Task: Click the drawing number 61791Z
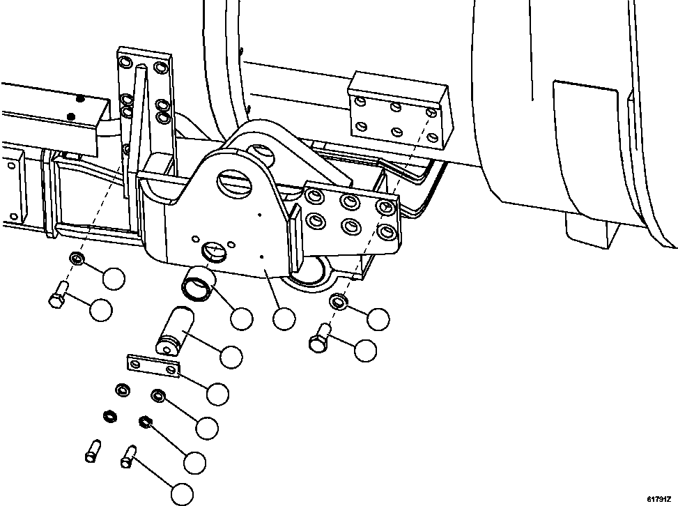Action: [x=658, y=499]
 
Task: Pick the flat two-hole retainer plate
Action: [x=153, y=366]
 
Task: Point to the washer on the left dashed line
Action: [x=78, y=261]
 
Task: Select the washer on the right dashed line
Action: [x=339, y=302]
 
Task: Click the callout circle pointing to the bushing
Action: [x=241, y=319]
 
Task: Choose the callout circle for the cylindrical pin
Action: [x=231, y=357]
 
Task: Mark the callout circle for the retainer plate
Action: [x=217, y=394]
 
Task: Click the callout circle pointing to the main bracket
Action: [x=284, y=319]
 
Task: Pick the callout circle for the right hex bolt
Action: [x=365, y=351]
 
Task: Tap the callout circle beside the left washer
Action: [x=113, y=278]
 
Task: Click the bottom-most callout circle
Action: [x=182, y=494]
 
